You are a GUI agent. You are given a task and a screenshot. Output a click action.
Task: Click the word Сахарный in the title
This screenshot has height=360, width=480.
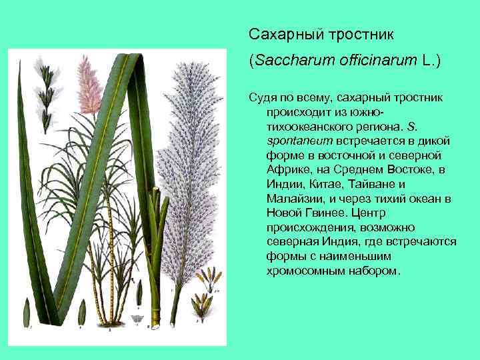point(274,33)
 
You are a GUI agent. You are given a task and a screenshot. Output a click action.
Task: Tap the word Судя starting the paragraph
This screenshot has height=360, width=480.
point(263,97)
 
